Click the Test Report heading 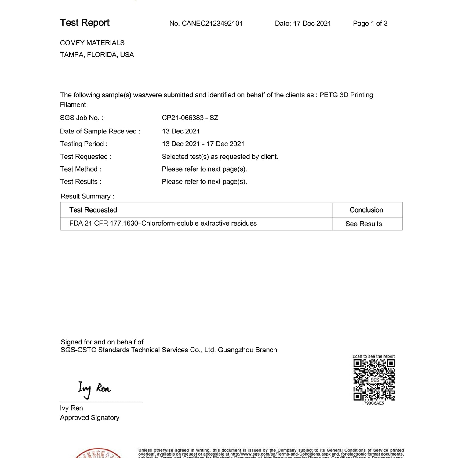pyautogui.click(x=85, y=23)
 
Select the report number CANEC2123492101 pyautogui.click(x=212, y=24)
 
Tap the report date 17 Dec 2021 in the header pyautogui.click(x=312, y=24)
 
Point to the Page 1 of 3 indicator pyautogui.click(x=370, y=24)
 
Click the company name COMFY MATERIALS pyautogui.click(x=92, y=43)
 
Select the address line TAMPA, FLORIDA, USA pyautogui.click(x=97, y=55)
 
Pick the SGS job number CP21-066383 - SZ pyautogui.click(x=190, y=118)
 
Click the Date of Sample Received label pyautogui.click(x=100, y=131)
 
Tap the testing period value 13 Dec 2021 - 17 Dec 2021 pyautogui.click(x=203, y=144)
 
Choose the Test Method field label pyautogui.click(x=81, y=169)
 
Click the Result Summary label pyautogui.click(x=87, y=196)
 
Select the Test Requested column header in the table pyautogui.click(x=93, y=210)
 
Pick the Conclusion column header pyautogui.click(x=366, y=210)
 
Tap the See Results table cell pyautogui.click(x=363, y=224)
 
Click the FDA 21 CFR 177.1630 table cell pyautogui.click(x=163, y=224)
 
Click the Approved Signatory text pyautogui.click(x=89, y=418)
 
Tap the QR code pyautogui.click(x=374, y=380)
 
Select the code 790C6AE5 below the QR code pyautogui.click(x=374, y=403)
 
